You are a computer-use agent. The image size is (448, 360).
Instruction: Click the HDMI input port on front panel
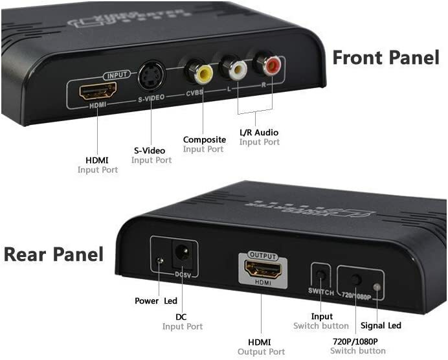pyautogui.click(x=98, y=91)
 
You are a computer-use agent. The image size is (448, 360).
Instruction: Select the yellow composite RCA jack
pyautogui.click(x=203, y=73)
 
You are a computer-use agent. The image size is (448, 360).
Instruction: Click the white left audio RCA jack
pyautogui.click(x=236, y=67)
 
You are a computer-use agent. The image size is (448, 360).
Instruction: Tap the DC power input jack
pyautogui.click(x=183, y=254)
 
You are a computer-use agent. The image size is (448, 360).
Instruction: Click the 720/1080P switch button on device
pyautogui.click(x=355, y=280)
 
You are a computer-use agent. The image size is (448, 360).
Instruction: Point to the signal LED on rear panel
pyautogui.click(x=376, y=287)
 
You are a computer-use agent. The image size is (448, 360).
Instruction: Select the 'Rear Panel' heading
pyautogui.click(x=53, y=254)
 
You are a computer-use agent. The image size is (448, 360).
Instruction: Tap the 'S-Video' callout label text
pyautogui.click(x=150, y=150)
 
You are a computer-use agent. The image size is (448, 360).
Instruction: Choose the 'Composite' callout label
pyautogui.click(x=204, y=139)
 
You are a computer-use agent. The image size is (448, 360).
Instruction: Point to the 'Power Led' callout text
pyautogui.click(x=156, y=300)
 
